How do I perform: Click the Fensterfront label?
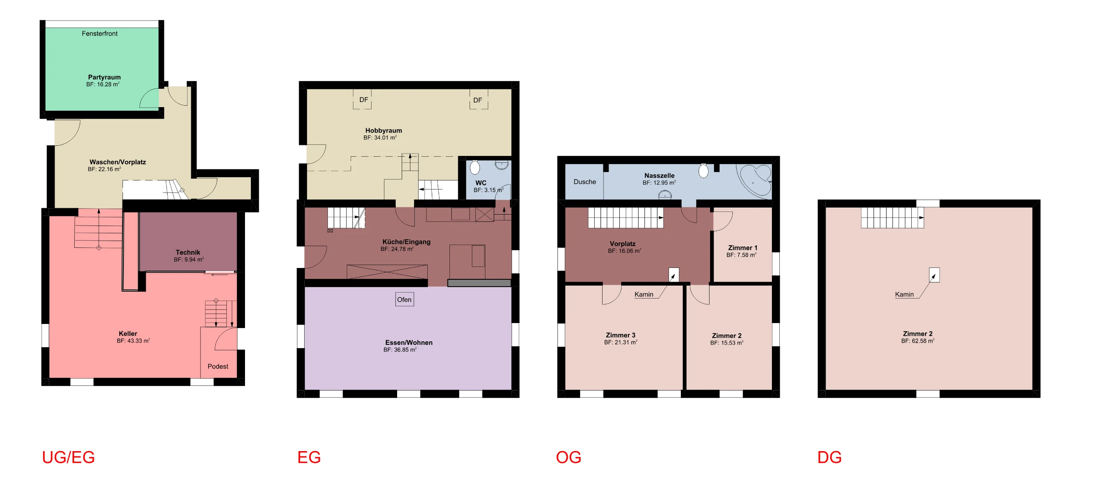pos(100,34)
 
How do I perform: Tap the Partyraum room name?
pos(104,77)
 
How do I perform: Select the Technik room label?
pos(188,252)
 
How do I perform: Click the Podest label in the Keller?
pos(218,366)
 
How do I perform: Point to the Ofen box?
pos(404,299)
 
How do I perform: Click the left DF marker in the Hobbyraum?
pos(363,100)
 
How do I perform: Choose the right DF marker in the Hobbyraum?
pos(478,100)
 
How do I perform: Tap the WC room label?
pos(481,183)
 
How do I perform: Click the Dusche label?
pos(585,182)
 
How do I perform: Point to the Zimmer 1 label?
pos(743,248)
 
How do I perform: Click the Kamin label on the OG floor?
pos(644,294)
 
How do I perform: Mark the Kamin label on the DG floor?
pos(904,294)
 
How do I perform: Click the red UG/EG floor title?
pos(68,457)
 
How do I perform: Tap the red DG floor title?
pos(830,457)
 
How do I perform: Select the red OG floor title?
pos(569,457)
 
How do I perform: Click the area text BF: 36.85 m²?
pos(400,350)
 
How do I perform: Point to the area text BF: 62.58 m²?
pos(918,341)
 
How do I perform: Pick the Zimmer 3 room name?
pos(620,335)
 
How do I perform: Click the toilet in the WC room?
pos(475,167)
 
